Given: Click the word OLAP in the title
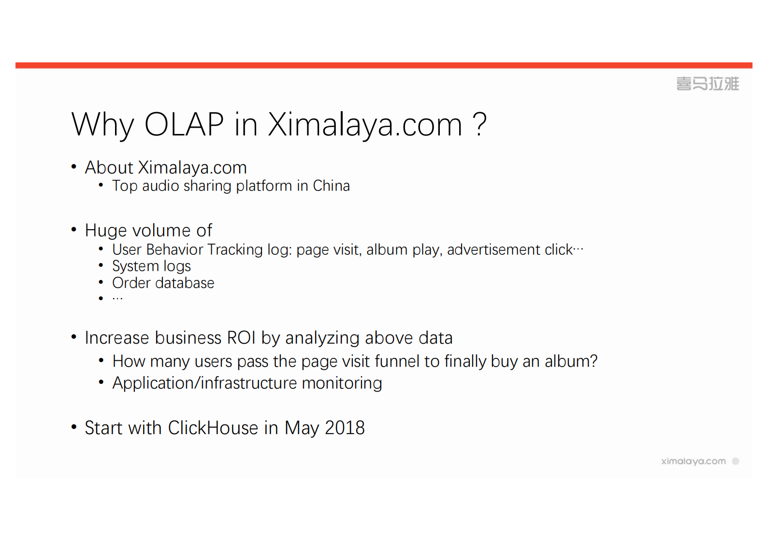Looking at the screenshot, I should point(184,124).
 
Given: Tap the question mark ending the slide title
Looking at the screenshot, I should point(479,124).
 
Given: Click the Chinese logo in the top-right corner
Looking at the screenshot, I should point(707,84).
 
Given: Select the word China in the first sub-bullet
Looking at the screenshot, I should point(331,186).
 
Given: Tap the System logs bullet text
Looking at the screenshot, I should point(151,266).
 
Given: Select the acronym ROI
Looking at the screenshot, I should point(241,338).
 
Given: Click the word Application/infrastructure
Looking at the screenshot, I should point(205,383).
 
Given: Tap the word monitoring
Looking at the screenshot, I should point(342,383).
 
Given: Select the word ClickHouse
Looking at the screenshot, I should point(213,428).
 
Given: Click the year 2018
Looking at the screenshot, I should point(345,428).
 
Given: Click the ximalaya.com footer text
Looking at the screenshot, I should point(693,461).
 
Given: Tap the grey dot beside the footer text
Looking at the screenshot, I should point(736,461).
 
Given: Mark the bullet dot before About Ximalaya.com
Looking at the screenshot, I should point(74,167).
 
